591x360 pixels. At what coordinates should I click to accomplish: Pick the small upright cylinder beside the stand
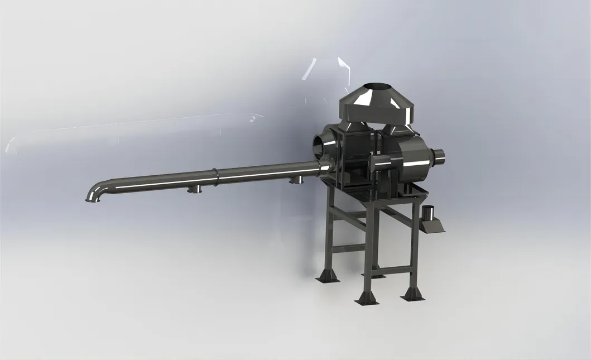429,213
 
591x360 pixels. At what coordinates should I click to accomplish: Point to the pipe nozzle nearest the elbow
195,189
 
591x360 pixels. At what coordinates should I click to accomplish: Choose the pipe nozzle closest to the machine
296,180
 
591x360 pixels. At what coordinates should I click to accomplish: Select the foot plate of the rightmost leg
413,294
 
